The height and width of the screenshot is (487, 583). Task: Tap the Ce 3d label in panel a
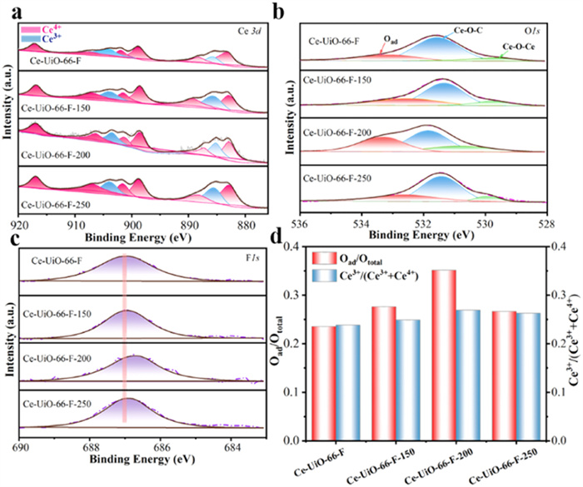[260, 32]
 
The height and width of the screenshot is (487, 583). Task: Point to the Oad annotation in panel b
[388, 49]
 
